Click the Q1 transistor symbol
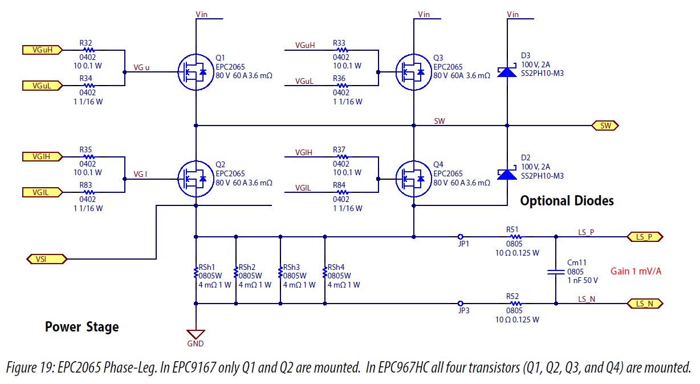click(195, 72)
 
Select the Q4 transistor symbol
click(413, 178)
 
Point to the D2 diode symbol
click(507, 173)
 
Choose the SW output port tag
click(605, 126)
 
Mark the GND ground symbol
click(196, 334)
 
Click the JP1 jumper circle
click(461, 236)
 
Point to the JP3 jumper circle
click(461, 304)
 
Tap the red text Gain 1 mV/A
click(636, 271)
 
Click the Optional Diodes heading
click(567, 201)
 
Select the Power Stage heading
click(82, 327)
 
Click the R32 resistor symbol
click(87, 50)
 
